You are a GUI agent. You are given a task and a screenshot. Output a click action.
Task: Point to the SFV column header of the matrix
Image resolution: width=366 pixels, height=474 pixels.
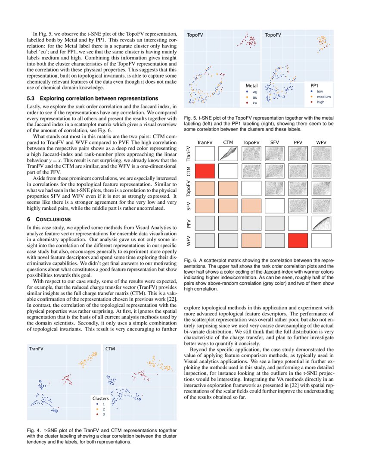274,142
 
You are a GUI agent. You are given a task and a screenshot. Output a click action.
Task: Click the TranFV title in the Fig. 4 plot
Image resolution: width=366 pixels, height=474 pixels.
36,348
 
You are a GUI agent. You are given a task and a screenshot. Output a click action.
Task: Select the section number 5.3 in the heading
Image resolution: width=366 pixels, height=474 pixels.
31,98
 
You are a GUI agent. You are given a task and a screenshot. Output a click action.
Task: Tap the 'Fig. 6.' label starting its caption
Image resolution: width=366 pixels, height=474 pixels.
190,260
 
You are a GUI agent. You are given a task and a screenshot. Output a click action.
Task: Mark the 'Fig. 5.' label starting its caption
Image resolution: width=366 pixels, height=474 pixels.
190,118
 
